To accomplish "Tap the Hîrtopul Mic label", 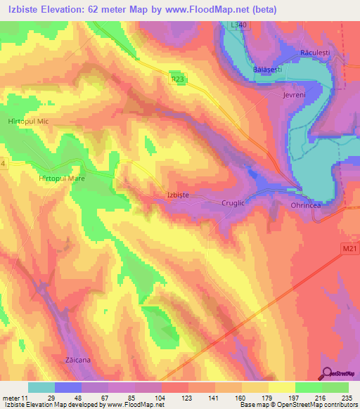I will [x=27, y=122].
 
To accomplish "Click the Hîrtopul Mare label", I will [x=61, y=179].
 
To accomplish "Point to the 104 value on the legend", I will [x=148, y=397].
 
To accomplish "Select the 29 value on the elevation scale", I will [x=41, y=397].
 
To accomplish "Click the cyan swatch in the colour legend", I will [x=41, y=387].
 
